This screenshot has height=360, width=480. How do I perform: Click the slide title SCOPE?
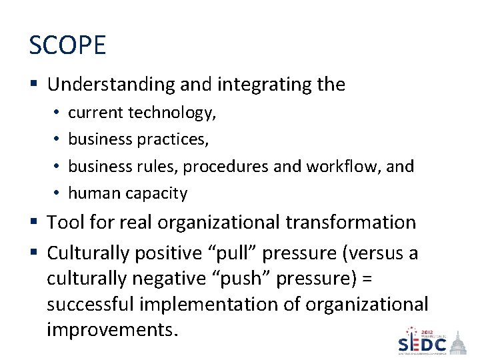(x=67, y=45)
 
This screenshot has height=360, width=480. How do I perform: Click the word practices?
(x=173, y=139)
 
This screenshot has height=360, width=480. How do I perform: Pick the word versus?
(x=369, y=253)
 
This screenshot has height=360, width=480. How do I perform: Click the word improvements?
(x=112, y=330)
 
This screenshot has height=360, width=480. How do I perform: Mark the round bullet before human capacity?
(x=59, y=193)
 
